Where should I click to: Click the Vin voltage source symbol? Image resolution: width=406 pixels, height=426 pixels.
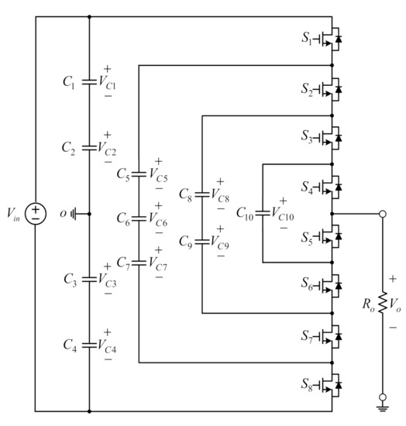[36, 213]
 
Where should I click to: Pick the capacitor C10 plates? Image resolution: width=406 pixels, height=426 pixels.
[263, 212]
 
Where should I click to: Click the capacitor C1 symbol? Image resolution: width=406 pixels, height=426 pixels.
[90, 80]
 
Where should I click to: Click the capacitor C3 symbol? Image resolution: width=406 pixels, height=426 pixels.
[90, 277]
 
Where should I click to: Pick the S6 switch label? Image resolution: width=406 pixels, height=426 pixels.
[308, 286]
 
